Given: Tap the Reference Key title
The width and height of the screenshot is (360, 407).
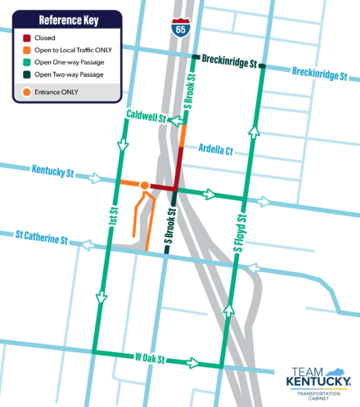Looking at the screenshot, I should pos(67,20).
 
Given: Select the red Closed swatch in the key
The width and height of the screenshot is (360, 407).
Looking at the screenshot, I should pos(27,38).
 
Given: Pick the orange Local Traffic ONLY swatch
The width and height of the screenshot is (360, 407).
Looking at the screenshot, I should pos(27,51).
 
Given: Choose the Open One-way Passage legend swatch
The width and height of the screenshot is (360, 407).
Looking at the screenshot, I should pos(27,63).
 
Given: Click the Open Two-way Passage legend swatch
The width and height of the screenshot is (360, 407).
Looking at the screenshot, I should pos(27,75).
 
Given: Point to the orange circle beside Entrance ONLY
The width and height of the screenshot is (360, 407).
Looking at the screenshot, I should pos(29,91).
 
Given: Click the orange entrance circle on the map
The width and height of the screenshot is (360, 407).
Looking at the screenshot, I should pos(145,186).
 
